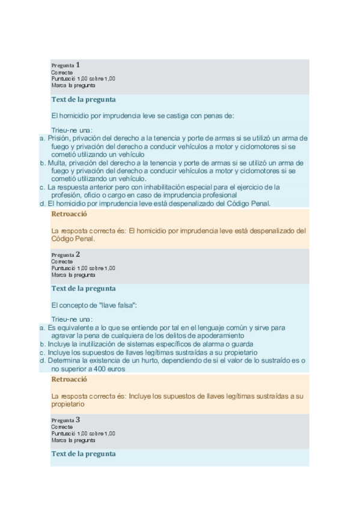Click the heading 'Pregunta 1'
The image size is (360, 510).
pyautogui.click(x=66, y=65)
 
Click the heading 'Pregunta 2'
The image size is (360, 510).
pyautogui.click(x=66, y=254)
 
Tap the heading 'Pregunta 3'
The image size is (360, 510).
pyautogui.click(x=66, y=420)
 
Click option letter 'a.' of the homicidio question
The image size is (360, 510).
pyautogui.click(x=43, y=138)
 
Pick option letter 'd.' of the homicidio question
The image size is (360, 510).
pyautogui.click(x=43, y=203)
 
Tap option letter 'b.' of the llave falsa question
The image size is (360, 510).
pyautogui.click(x=43, y=344)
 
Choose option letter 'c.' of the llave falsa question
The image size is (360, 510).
pyautogui.click(x=43, y=352)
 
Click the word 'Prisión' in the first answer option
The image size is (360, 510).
pyautogui.click(x=58, y=138)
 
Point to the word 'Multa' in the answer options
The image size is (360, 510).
pyautogui.click(x=57, y=162)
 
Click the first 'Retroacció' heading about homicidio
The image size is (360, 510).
pyautogui.click(x=69, y=214)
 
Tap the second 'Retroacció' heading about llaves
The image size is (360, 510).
pyautogui.click(x=69, y=379)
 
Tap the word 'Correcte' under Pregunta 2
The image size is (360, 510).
pyautogui.click(x=61, y=262)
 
